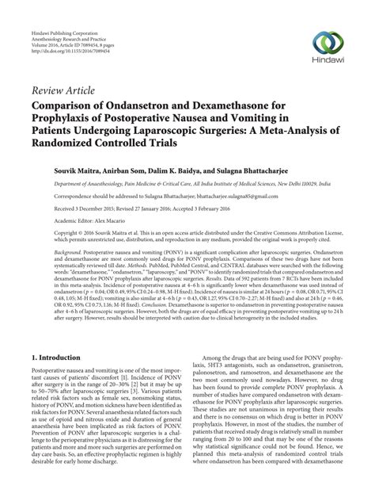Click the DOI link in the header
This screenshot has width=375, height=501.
(70, 40)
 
